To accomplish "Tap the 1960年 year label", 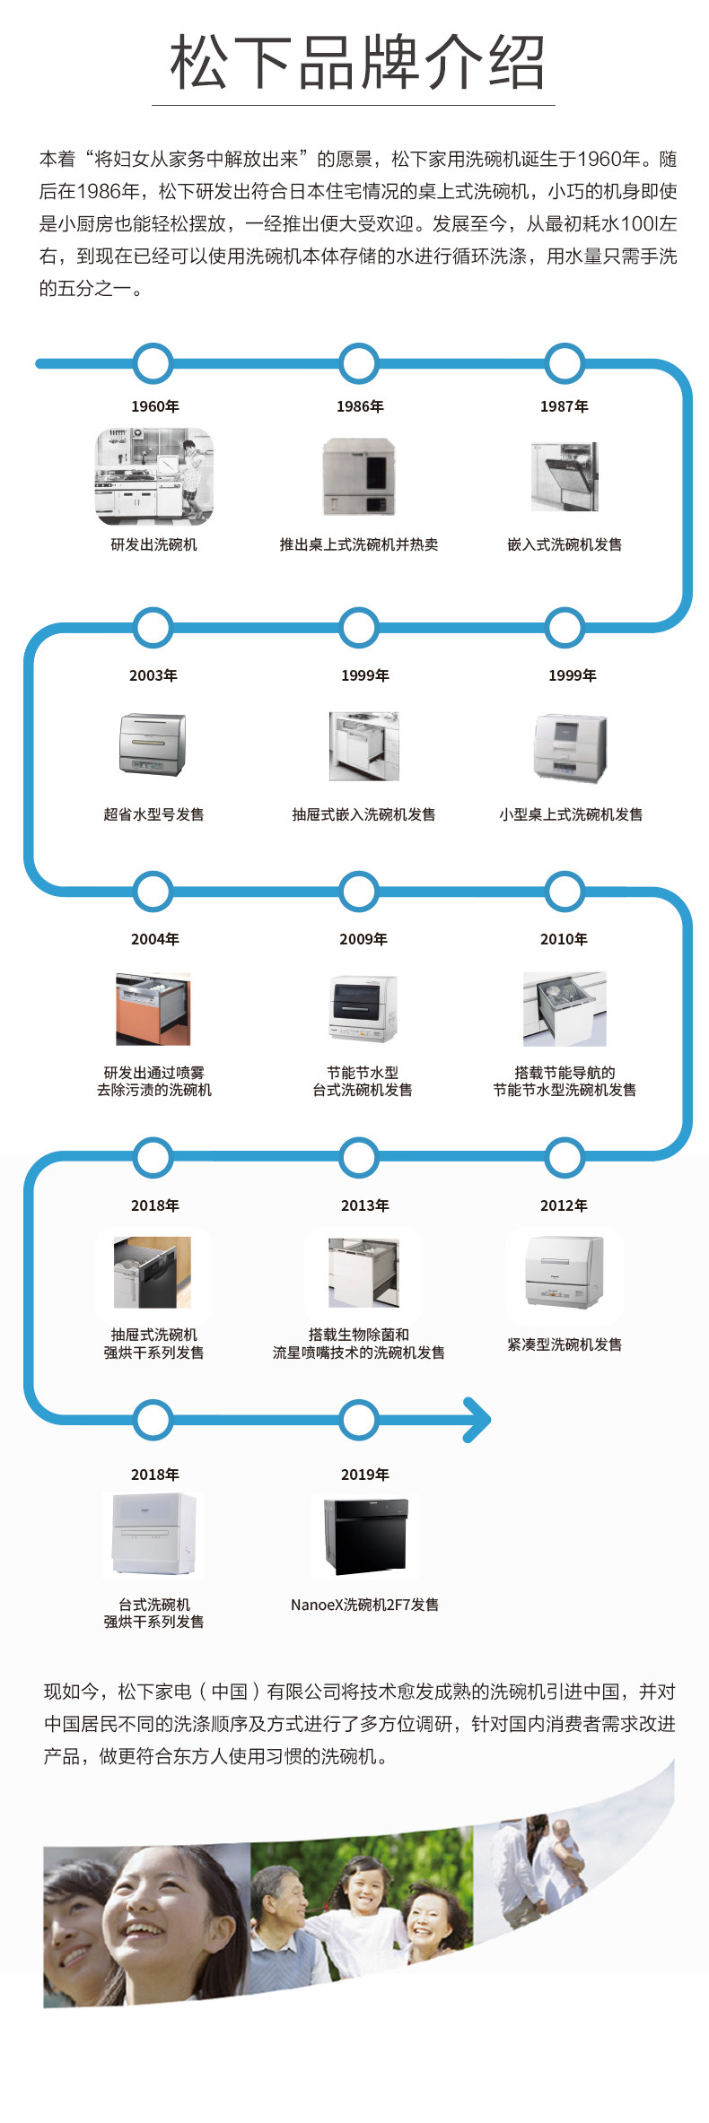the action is click(x=154, y=406).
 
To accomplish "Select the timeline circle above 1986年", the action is click(x=359, y=364).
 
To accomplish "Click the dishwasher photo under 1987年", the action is click(x=565, y=476).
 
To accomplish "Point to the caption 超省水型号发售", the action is click(x=153, y=814).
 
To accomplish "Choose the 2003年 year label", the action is click(x=153, y=675).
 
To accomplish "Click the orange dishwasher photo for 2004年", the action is click(x=153, y=1009).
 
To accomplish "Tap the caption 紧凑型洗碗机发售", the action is click(x=565, y=1344).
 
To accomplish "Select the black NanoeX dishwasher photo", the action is click(x=365, y=1536).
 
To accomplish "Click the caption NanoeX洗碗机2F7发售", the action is click(x=365, y=1605).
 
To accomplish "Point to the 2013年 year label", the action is click(x=365, y=1205).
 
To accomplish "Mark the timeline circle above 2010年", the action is click(x=565, y=892).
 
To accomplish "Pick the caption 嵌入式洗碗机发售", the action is click(x=565, y=544).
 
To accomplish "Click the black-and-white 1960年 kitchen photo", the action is click(x=154, y=476).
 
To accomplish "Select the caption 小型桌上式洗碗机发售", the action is click(x=572, y=814).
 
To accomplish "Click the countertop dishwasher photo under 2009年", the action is click(x=363, y=1009).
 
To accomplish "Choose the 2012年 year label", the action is click(x=565, y=1205).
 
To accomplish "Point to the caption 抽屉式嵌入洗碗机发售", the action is click(x=363, y=814).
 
